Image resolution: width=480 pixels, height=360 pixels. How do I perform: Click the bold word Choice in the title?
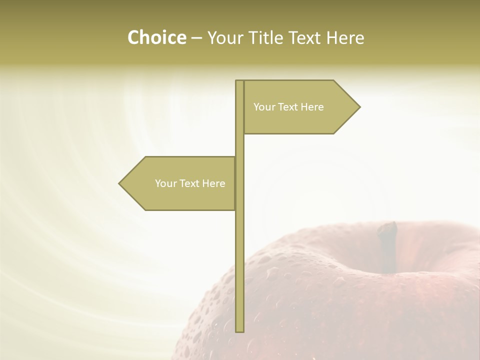(156, 38)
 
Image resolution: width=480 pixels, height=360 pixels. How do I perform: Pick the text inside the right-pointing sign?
(288, 107)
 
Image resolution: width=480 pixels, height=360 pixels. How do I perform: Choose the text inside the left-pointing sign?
(190, 183)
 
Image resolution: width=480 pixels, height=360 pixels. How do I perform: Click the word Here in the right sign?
(312, 107)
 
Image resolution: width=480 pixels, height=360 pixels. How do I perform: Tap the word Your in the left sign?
(165, 183)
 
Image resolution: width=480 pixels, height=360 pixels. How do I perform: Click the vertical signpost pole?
(239, 250)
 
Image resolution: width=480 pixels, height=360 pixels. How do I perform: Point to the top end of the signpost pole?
(239, 81)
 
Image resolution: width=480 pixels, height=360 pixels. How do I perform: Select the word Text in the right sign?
(288, 107)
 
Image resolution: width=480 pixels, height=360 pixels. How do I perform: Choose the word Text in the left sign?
(190, 183)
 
